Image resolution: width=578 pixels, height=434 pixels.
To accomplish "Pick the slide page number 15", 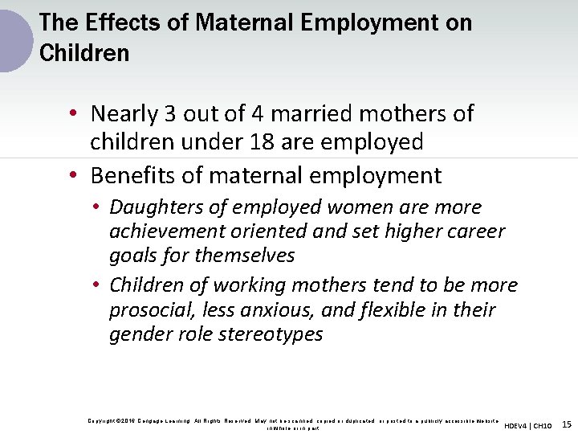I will [x=567, y=424].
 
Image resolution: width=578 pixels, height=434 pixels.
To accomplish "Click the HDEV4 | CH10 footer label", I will [x=527, y=425].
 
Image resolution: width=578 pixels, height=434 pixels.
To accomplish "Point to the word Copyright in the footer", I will [x=101, y=420].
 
